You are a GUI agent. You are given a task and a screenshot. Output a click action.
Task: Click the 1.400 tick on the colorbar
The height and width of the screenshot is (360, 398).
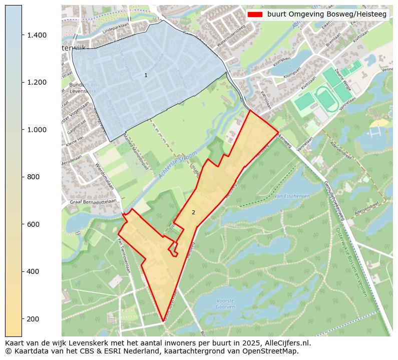[37, 35]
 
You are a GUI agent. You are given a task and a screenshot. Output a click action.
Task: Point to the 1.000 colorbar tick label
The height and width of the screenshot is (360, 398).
[37, 130]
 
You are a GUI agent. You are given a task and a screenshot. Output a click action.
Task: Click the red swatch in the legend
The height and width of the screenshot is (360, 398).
[255, 15]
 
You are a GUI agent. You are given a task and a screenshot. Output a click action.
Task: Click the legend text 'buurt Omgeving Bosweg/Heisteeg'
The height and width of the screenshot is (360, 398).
[326, 15]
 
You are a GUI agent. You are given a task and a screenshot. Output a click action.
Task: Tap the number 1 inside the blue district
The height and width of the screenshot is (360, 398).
[146, 75]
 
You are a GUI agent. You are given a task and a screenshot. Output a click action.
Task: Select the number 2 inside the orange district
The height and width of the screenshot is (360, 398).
[193, 212]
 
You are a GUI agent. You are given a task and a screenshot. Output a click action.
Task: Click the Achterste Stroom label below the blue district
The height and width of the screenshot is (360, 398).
[175, 166]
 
